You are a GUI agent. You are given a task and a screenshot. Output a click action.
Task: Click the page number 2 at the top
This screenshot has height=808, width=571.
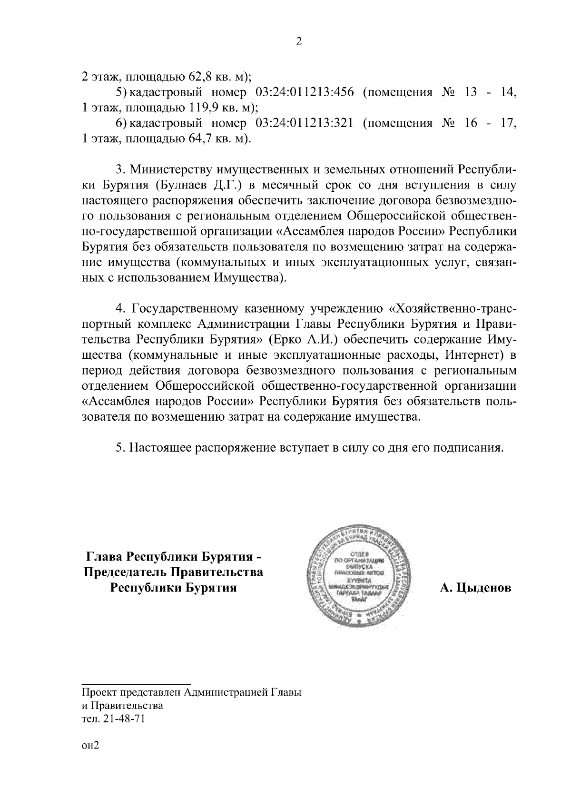[299, 42]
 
